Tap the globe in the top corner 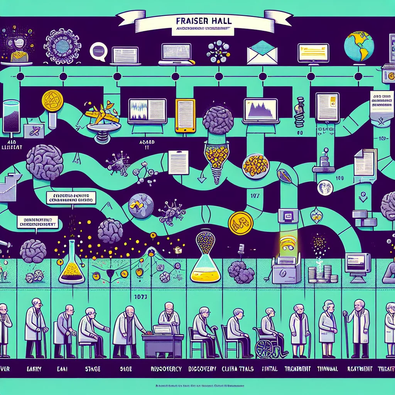(359, 46)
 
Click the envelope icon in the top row (262, 54)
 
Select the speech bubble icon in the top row (98, 52)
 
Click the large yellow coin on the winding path (240, 223)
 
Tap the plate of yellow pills (255, 165)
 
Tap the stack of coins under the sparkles (318, 274)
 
